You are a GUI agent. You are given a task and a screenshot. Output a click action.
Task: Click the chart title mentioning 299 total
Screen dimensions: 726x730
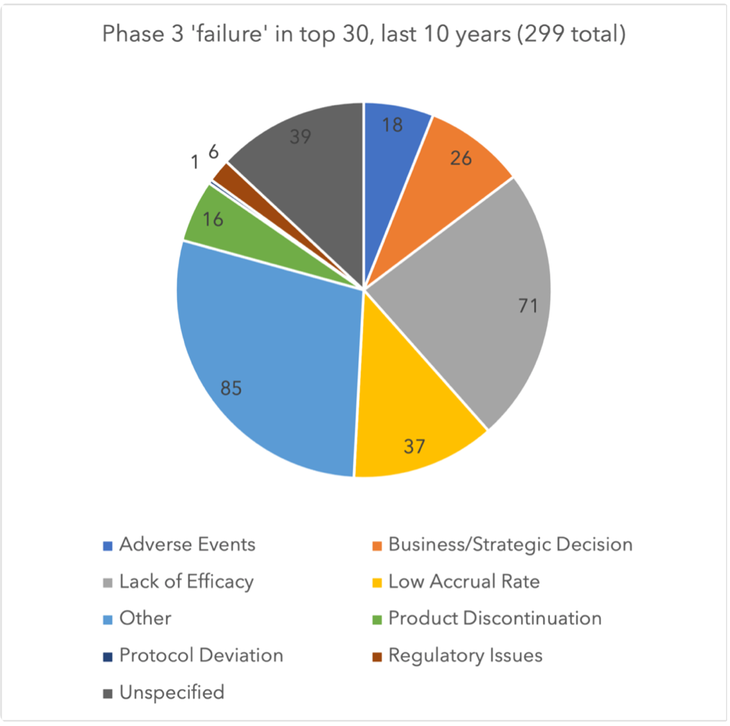coord(363,35)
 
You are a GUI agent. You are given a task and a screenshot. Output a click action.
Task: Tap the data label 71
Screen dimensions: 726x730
coord(527,306)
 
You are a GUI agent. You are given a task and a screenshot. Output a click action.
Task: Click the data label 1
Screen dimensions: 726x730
coord(196,163)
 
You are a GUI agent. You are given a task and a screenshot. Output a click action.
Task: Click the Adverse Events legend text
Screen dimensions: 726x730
coord(187,544)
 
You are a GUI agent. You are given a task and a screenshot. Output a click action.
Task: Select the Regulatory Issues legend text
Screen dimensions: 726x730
coord(465,655)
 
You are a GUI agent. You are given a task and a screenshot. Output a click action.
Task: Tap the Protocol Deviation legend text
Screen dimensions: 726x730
coord(201,655)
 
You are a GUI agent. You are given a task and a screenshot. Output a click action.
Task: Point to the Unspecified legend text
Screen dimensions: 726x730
coord(171,692)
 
